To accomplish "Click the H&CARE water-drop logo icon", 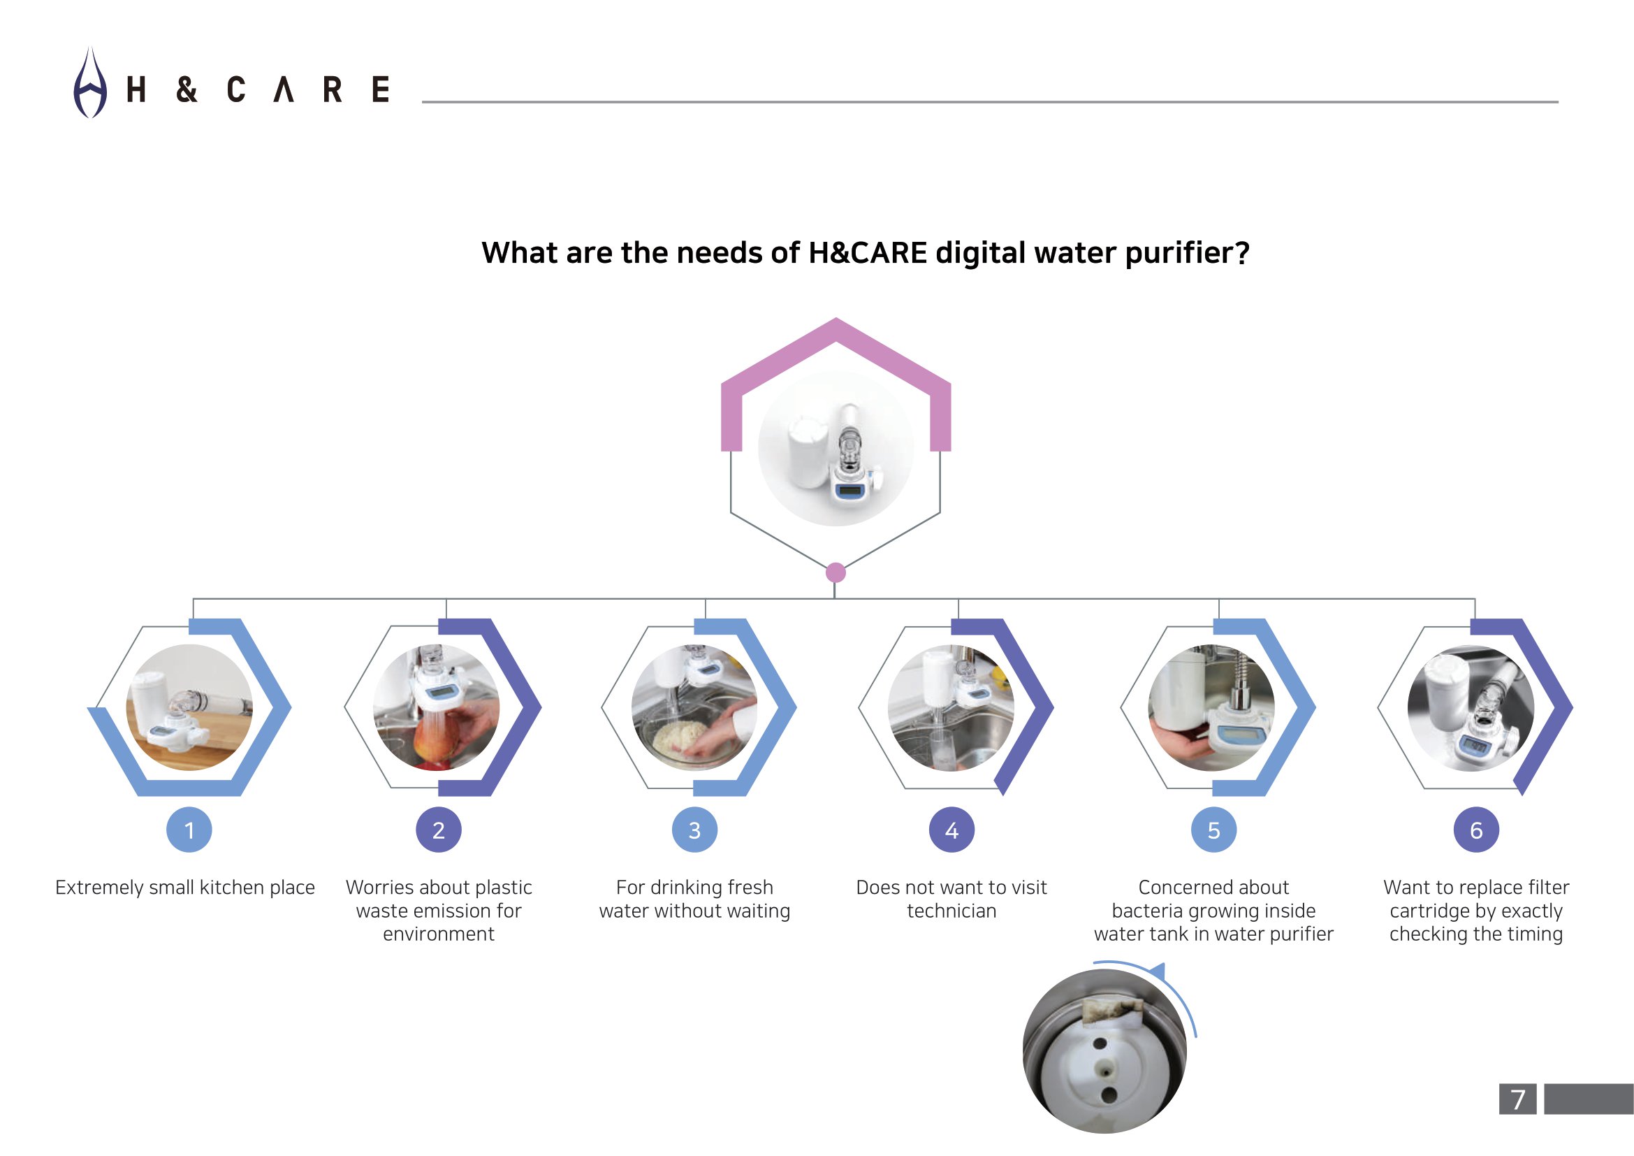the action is click(90, 83).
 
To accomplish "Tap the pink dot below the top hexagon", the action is click(836, 572).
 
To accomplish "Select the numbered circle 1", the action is click(189, 830).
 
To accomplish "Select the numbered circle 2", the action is click(439, 830).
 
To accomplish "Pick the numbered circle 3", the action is click(694, 830).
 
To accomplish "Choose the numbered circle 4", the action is click(951, 830).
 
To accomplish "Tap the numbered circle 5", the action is click(1214, 830).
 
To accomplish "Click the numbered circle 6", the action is click(1476, 830).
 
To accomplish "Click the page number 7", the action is click(1518, 1100).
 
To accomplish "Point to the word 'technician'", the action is click(951, 911).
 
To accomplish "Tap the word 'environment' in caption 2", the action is click(439, 934).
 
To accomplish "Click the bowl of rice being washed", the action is click(683, 740).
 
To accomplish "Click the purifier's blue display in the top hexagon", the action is click(849, 491).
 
